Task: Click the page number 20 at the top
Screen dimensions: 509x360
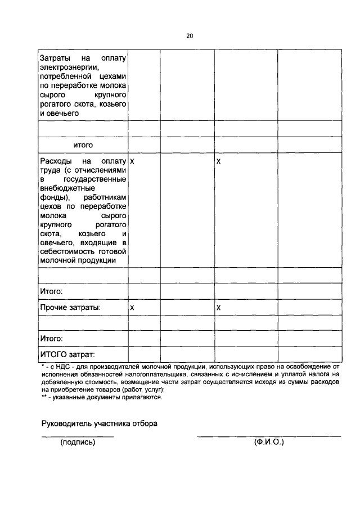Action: (190, 36)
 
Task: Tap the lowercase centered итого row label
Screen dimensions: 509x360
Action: (83, 145)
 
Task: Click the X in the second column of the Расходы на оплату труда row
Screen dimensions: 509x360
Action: (132, 161)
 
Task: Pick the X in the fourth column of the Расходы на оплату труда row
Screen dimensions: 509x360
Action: (219, 161)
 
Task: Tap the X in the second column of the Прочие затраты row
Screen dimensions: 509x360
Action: (132, 308)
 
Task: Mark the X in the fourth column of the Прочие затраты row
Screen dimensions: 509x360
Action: (219, 308)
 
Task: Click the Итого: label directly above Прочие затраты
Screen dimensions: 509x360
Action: (51, 292)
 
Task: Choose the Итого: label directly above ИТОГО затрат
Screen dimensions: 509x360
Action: (51, 339)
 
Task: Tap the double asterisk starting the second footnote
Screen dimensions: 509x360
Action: (44, 397)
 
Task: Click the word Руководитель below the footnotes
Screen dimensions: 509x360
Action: (66, 424)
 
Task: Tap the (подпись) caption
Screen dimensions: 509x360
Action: (78, 443)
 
